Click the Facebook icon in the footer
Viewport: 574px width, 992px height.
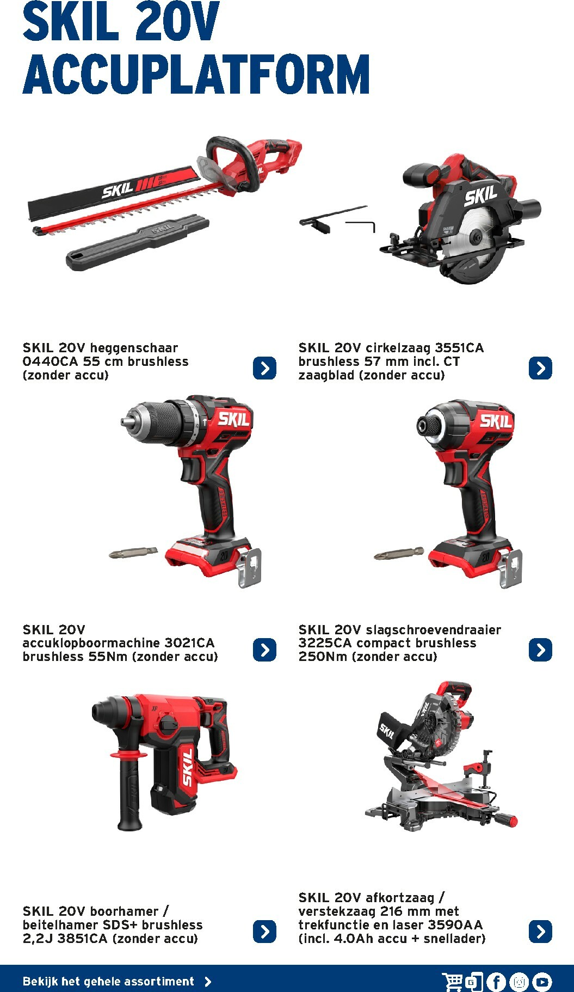tap(496, 982)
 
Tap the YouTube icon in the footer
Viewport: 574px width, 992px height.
tap(542, 982)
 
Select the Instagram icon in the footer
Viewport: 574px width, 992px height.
tap(519, 982)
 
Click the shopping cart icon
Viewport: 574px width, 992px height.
tap(452, 982)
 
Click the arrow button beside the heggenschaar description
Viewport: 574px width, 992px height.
tap(264, 368)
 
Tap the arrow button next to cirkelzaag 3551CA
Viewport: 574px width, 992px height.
tap(540, 368)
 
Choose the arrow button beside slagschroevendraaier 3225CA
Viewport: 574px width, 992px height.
tap(540, 650)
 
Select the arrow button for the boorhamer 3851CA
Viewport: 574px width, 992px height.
tap(264, 931)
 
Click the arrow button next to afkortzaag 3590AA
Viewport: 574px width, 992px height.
tap(540, 931)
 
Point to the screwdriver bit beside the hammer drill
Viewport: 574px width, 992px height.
tap(133, 553)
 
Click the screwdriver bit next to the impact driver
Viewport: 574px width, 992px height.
tap(399, 553)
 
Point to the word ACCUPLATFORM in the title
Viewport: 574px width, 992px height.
tap(196, 74)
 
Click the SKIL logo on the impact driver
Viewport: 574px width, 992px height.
tap(496, 421)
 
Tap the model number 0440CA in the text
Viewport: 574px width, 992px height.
tap(51, 362)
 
